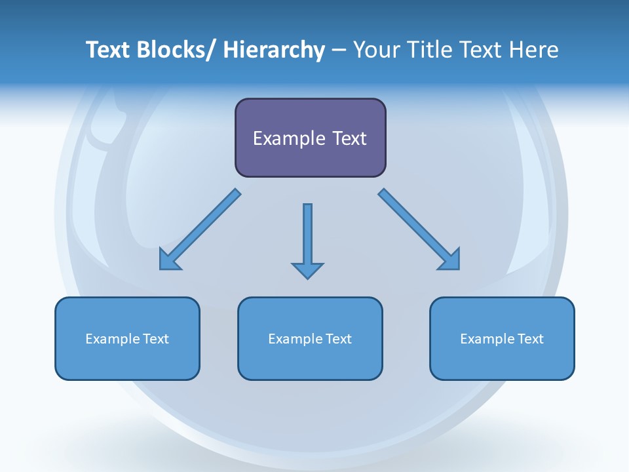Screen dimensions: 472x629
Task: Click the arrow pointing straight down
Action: click(x=307, y=236)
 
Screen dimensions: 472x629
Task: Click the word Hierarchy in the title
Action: click(x=274, y=50)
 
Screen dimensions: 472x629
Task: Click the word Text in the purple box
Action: click(x=349, y=138)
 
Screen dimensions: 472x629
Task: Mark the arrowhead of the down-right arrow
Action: click(x=450, y=260)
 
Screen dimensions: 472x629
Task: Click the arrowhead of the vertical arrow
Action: click(x=307, y=270)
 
